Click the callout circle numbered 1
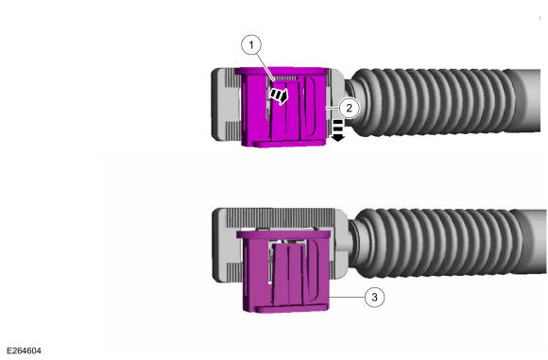[x=251, y=44]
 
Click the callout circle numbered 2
[x=349, y=108]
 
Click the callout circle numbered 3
[x=374, y=297]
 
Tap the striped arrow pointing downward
[x=337, y=130]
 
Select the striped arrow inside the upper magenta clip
[x=279, y=95]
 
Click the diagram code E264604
[x=24, y=351]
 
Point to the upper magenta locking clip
[x=283, y=107]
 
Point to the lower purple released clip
[x=284, y=271]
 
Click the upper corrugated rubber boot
[x=434, y=101]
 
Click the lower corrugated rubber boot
[x=437, y=243]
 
